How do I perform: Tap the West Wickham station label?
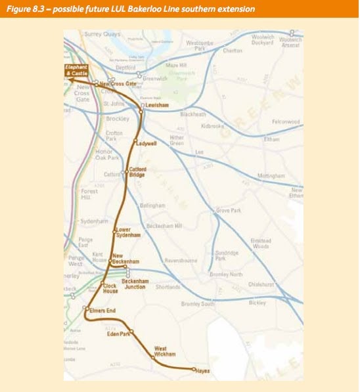(x=165, y=351)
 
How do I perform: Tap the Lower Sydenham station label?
(x=127, y=232)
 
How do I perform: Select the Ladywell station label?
(x=146, y=142)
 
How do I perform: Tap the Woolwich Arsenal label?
(x=290, y=40)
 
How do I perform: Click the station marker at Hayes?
(x=194, y=370)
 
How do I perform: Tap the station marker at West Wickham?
(x=152, y=358)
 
